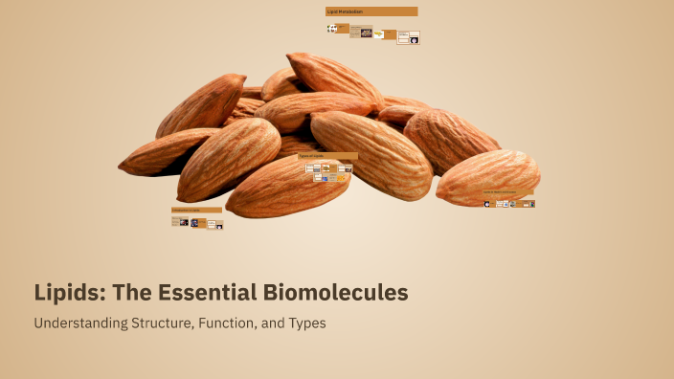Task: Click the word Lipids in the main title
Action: pos(66,292)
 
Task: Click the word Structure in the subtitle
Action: pos(161,323)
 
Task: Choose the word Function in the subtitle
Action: pos(226,323)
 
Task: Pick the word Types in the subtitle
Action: pos(308,323)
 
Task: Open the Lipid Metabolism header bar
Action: pos(371,11)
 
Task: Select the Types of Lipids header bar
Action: pos(327,155)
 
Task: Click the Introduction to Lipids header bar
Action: pos(196,210)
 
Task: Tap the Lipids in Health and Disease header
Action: pos(507,192)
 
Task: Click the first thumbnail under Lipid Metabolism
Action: pos(332,29)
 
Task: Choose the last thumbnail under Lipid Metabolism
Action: pos(414,39)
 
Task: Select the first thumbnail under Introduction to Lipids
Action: pos(177,221)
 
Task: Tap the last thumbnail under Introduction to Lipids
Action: pos(218,226)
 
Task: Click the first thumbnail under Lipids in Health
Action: pos(487,204)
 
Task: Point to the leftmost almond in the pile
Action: pos(158,153)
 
